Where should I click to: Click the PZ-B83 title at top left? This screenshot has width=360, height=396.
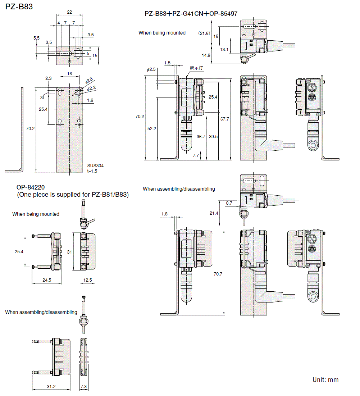click(19, 6)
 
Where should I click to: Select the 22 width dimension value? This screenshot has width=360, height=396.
click(69, 12)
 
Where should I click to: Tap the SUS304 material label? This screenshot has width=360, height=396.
click(95, 166)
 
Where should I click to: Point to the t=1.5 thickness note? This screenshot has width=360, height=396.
click(92, 171)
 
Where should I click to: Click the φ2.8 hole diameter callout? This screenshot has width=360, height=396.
click(89, 80)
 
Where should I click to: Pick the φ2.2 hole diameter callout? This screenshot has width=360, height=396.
click(91, 87)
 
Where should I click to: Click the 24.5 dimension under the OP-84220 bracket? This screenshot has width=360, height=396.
click(46, 280)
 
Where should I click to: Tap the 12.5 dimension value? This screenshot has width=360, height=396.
click(87, 280)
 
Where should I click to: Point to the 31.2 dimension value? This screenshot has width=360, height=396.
click(51, 386)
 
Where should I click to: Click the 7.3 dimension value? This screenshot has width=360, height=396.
click(83, 386)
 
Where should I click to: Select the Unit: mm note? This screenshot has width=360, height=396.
click(325, 380)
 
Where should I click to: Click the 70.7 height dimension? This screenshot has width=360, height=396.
click(218, 274)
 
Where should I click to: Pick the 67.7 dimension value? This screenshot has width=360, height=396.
click(224, 119)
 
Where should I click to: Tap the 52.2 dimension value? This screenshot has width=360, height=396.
click(151, 128)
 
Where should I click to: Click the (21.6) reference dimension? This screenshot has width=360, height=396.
click(204, 33)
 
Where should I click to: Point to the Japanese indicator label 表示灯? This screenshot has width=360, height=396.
click(197, 68)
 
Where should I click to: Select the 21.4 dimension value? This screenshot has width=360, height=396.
click(214, 213)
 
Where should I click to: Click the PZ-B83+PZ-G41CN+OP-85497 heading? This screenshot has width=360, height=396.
click(191, 14)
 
